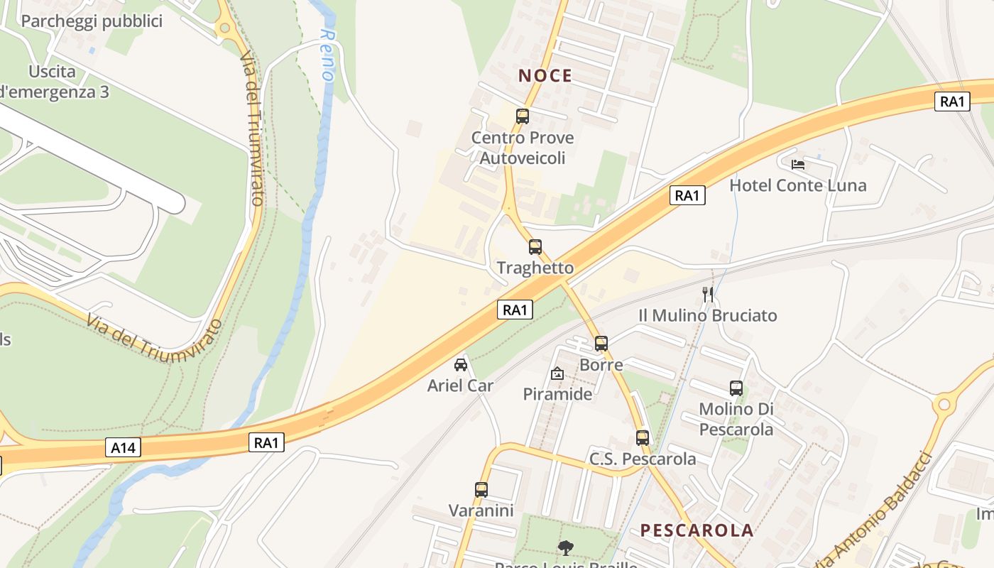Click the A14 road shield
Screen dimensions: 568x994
point(124,447)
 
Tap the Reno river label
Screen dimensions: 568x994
point(327,54)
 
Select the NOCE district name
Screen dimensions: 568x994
point(545,76)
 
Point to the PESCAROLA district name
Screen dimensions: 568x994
point(697,530)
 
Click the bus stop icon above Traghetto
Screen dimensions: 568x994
point(535,247)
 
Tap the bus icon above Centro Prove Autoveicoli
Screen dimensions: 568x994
point(523,116)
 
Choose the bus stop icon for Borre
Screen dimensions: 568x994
point(601,344)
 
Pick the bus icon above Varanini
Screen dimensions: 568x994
point(481,489)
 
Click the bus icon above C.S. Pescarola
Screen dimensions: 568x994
point(643,437)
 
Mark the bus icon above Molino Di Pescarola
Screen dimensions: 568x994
point(736,388)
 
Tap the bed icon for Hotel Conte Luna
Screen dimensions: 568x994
point(798,165)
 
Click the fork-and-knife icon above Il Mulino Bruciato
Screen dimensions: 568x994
point(707,294)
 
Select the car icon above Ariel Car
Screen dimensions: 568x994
point(461,365)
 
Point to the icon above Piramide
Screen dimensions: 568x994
point(557,373)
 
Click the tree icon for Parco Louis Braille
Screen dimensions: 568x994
point(565,547)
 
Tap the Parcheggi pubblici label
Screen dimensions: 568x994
point(92,21)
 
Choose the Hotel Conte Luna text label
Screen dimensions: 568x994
point(798,186)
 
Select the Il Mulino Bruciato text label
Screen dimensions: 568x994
point(708,316)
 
